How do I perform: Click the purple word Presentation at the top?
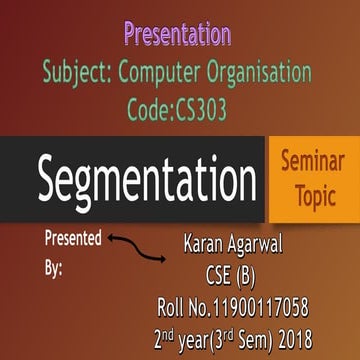(x=178, y=36)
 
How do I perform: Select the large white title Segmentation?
(x=147, y=182)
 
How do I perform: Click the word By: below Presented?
(x=55, y=268)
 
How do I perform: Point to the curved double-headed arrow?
(x=137, y=248)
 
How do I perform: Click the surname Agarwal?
(x=268, y=243)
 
